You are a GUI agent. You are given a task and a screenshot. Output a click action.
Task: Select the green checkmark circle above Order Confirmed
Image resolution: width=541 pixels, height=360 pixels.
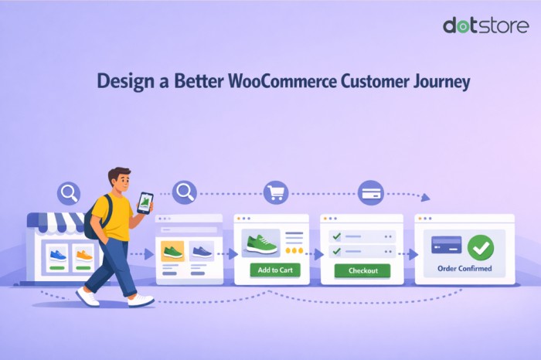pyautogui.click(x=480, y=247)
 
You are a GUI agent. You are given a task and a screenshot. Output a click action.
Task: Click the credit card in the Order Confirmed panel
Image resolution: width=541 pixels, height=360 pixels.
pyautogui.click(x=447, y=245)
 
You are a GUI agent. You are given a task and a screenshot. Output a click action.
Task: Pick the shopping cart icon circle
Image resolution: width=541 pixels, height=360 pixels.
pyautogui.click(x=275, y=192)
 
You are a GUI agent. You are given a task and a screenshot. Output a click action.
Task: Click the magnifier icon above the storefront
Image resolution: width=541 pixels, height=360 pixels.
pyautogui.click(x=70, y=192)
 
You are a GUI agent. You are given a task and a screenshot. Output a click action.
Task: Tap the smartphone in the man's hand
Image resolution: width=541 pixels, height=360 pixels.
pyautogui.click(x=145, y=202)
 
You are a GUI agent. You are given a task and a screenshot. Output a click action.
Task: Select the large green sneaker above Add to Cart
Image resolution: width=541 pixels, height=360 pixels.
pyautogui.click(x=261, y=244)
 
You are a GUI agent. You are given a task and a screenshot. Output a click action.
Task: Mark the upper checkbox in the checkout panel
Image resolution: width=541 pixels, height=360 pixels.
pyautogui.click(x=335, y=236)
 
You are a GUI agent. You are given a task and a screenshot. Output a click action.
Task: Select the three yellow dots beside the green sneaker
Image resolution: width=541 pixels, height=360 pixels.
pyautogui.click(x=294, y=250)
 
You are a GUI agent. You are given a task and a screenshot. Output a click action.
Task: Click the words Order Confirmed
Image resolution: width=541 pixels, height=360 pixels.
pyautogui.click(x=464, y=269)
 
